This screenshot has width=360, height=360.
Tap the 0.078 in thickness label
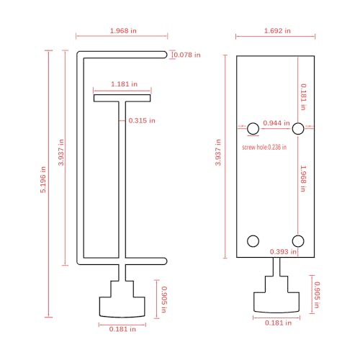[x=186, y=55]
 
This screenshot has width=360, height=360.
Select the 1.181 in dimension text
[x=122, y=84]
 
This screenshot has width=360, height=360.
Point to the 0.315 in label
[x=141, y=120]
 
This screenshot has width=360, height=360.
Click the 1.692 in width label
[x=277, y=31]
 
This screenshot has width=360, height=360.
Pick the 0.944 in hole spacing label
[x=276, y=122]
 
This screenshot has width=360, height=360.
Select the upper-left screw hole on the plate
[x=253, y=129]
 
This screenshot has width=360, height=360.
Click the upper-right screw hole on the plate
[x=299, y=129]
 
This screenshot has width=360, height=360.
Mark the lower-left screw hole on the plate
[x=253, y=240]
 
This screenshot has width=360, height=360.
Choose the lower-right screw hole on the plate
[x=299, y=240]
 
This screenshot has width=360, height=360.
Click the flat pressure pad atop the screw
[x=122, y=98]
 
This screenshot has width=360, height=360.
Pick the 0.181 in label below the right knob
[x=277, y=323]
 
